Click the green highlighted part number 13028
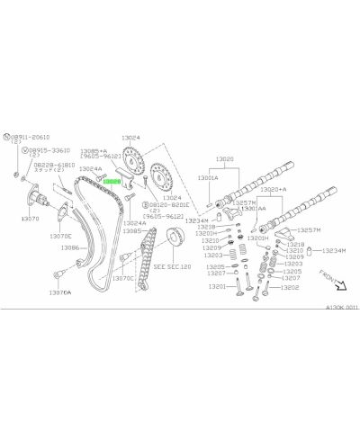click(x=112, y=181)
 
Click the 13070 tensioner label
click(x=31, y=218)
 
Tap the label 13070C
click(x=122, y=277)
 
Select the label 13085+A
click(x=94, y=151)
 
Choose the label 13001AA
click(x=253, y=208)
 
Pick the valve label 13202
click(x=288, y=288)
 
